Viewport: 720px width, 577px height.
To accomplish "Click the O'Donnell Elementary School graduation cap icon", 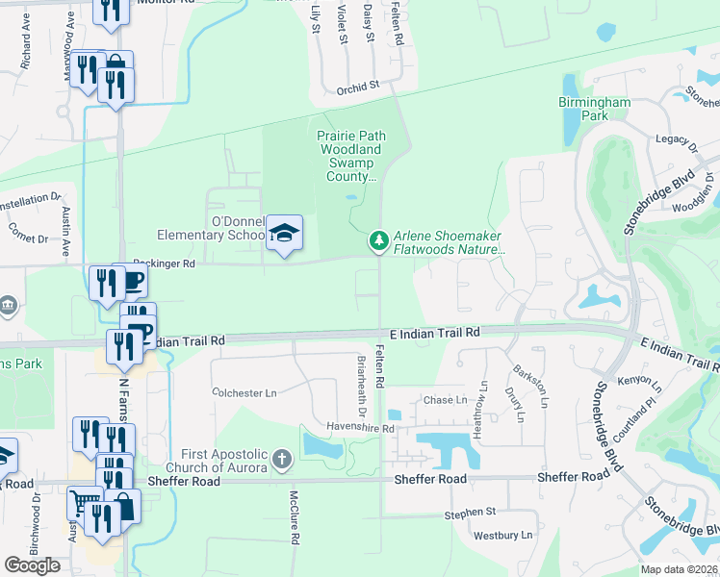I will click(x=284, y=233).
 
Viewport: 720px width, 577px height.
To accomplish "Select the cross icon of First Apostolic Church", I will click(x=281, y=459).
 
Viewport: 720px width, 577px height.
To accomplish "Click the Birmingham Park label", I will click(x=594, y=109).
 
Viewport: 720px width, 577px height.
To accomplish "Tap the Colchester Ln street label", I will click(x=244, y=393).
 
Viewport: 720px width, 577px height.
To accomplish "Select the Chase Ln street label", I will click(x=445, y=400).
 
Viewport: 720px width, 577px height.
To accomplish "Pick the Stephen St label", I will click(x=470, y=514).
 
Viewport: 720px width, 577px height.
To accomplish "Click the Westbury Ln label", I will click(x=502, y=535).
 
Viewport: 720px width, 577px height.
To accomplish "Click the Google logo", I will click(x=32, y=564).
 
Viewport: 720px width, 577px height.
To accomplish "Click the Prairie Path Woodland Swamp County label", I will click(x=351, y=156).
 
